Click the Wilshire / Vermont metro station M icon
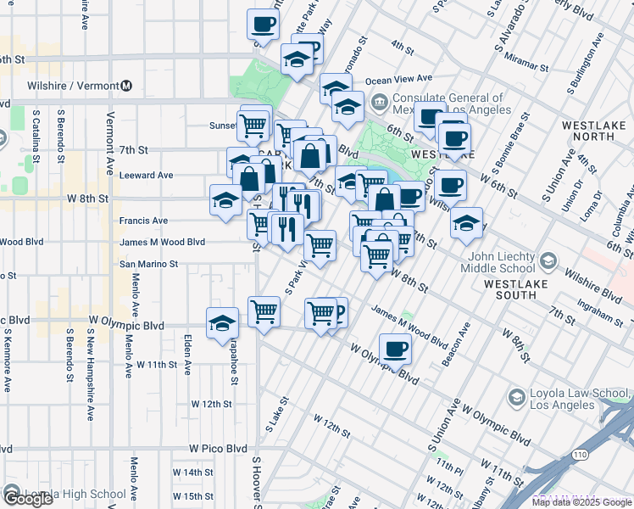[x=126, y=86]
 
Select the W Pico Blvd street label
[x=218, y=449]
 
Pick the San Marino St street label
[x=148, y=264]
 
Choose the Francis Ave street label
[x=143, y=221]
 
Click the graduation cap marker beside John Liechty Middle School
[x=465, y=223]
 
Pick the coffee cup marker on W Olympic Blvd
[x=395, y=348]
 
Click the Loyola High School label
[x=75, y=495]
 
